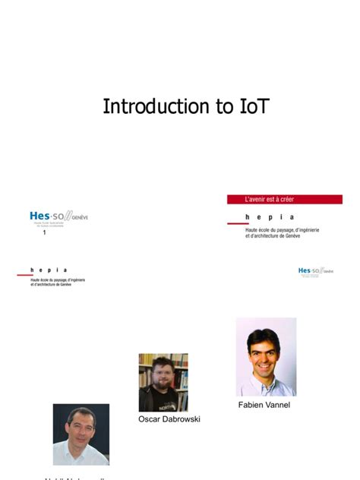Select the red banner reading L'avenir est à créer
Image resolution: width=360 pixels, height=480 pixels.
click(x=284, y=199)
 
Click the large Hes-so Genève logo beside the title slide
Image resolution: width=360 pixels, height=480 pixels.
click(x=58, y=218)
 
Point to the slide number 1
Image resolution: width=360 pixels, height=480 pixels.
click(x=45, y=232)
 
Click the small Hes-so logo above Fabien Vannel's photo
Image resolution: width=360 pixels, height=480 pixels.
click(x=315, y=271)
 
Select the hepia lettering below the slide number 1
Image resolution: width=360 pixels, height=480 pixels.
click(x=49, y=270)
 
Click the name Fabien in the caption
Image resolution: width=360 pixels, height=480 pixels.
click(x=253, y=405)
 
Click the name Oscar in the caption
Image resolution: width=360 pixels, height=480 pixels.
click(x=152, y=418)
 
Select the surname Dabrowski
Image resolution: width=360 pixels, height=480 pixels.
click(x=183, y=418)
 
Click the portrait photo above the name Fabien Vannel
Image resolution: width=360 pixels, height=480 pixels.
click(x=266, y=357)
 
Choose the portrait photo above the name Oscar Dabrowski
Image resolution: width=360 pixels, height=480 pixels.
click(x=163, y=382)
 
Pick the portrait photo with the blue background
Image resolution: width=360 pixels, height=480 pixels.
click(x=81, y=434)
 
